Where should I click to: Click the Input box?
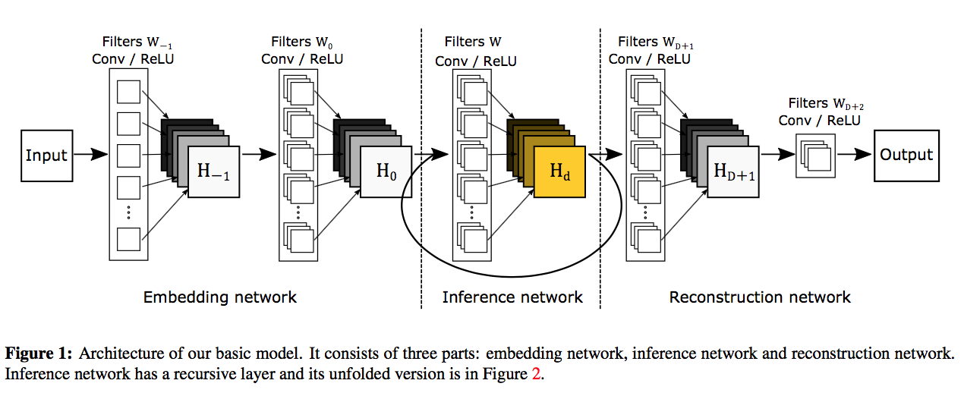46,156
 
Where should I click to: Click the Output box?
906,155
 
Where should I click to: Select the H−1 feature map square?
213,171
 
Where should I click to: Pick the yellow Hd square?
559,171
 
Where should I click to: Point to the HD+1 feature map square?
733,171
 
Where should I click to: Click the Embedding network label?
220,297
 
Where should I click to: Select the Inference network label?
512,297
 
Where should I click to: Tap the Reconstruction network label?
760,297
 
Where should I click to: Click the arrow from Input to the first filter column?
93,156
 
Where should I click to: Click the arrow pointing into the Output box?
857,155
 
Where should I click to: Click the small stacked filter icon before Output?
814,156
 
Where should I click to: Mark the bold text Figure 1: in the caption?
39,354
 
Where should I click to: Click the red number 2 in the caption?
536,374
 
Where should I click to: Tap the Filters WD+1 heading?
656,42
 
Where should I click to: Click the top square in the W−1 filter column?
129,92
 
